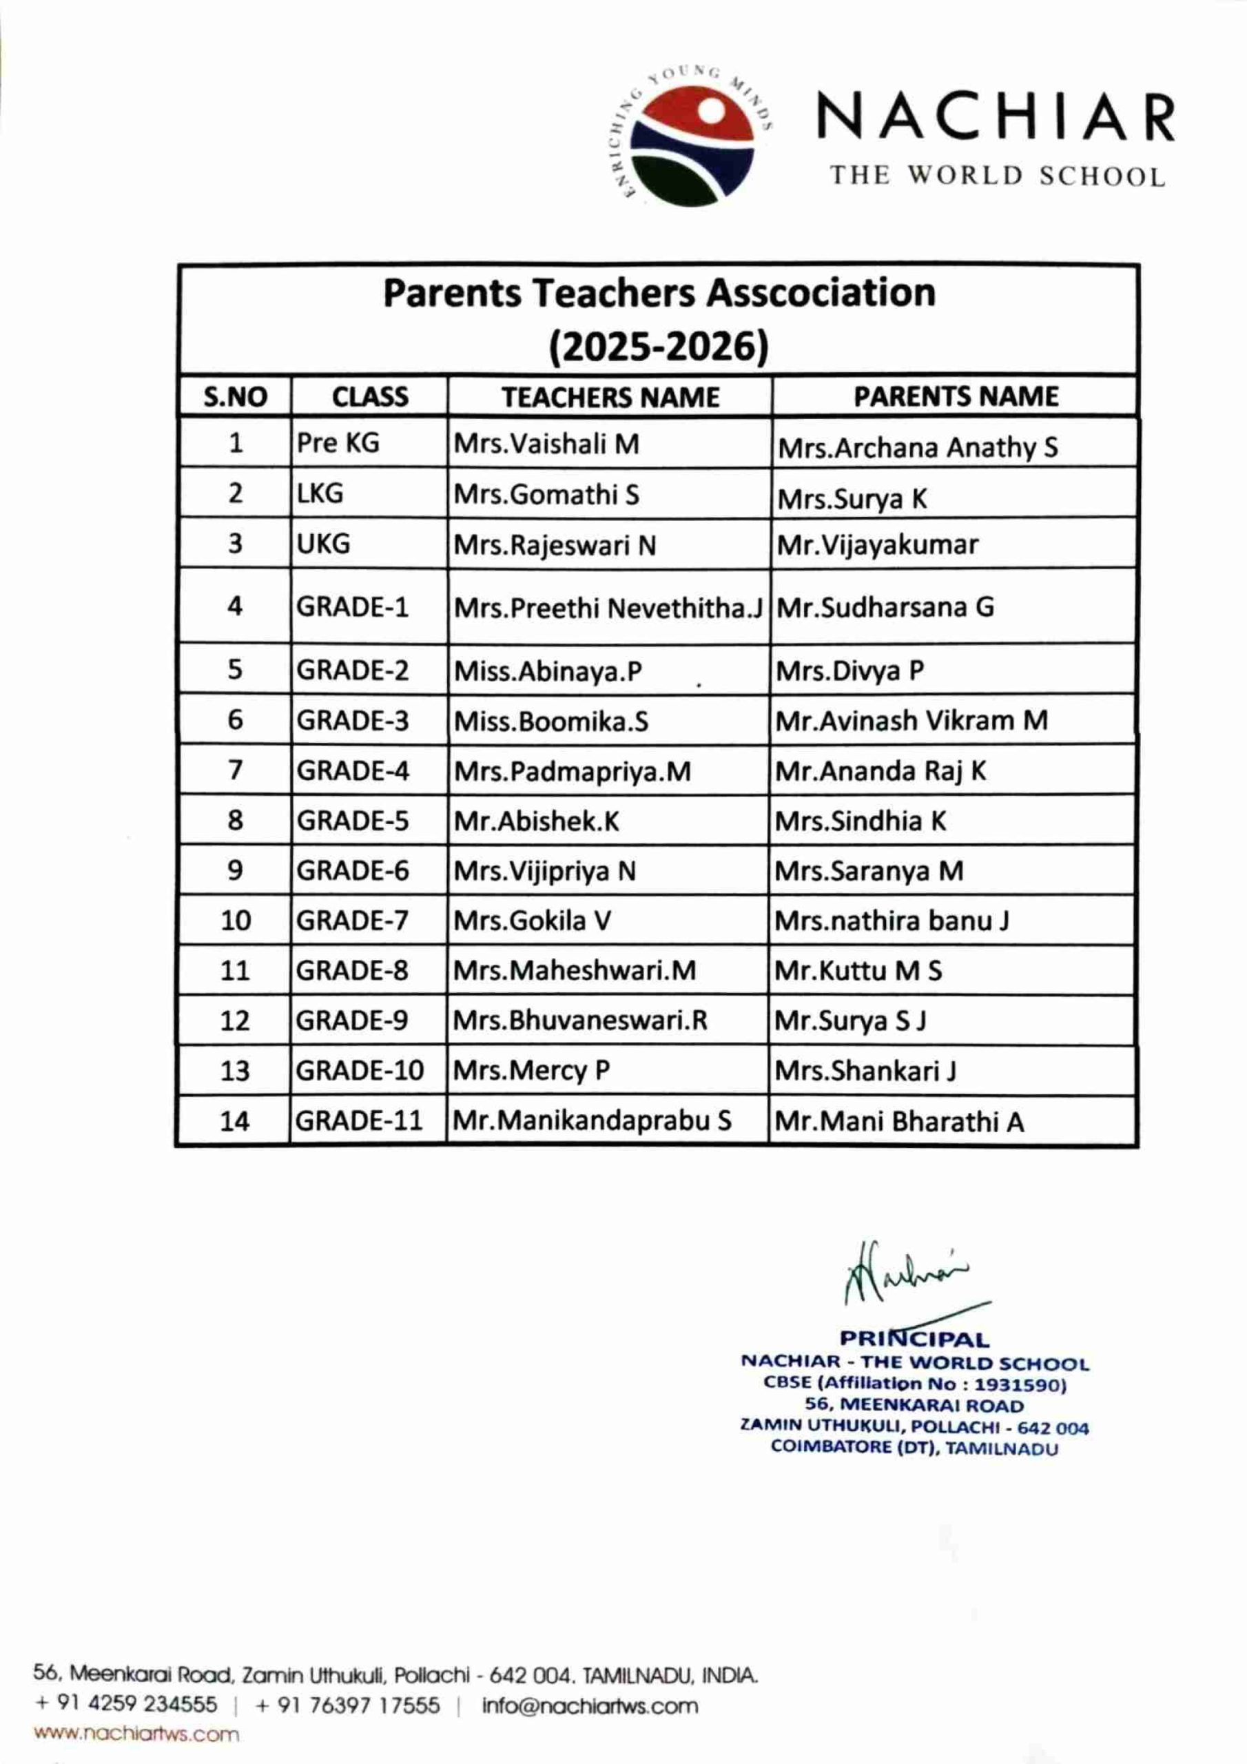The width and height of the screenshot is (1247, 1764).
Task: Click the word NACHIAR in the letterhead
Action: click(996, 119)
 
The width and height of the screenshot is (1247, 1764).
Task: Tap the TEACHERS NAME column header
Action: click(610, 397)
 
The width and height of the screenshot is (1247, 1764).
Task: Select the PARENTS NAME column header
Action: click(955, 396)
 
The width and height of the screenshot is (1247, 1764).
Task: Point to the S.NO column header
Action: click(235, 397)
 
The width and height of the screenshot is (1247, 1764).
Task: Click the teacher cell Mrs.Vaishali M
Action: click(546, 444)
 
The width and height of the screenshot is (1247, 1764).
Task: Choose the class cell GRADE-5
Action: click(353, 821)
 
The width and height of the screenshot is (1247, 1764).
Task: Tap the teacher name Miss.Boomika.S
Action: click(551, 721)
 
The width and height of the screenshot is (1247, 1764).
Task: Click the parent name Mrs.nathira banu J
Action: click(892, 921)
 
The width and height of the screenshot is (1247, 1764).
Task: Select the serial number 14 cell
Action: click(234, 1121)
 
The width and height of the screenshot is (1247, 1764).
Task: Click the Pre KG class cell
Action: click(338, 443)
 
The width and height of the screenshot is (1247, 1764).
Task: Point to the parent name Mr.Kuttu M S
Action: click(858, 970)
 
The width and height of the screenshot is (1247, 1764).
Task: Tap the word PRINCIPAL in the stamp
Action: click(914, 1339)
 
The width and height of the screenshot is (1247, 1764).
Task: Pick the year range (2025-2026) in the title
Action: click(659, 347)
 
